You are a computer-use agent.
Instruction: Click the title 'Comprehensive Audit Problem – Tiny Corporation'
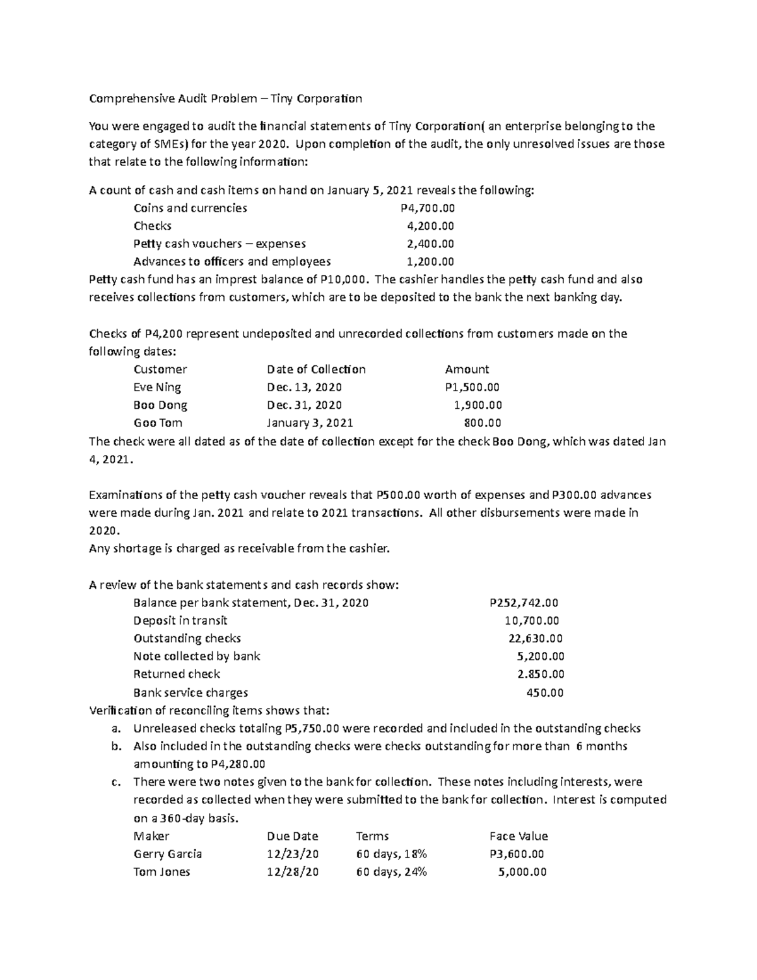click(x=225, y=98)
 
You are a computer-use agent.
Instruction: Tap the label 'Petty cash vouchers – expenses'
click(x=220, y=244)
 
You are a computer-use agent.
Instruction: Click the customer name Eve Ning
click(x=157, y=387)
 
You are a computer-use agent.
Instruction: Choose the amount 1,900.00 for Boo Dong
click(x=478, y=405)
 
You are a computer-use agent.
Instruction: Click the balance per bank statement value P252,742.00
click(x=524, y=603)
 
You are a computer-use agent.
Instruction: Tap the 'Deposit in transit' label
click(x=180, y=620)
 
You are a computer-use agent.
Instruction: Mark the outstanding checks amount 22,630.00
click(x=536, y=638)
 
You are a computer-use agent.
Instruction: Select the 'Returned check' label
click(x=177, y=674)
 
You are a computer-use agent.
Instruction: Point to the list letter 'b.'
click(x=115, y=746)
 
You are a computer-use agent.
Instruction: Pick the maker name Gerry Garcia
click(x=168, y=854)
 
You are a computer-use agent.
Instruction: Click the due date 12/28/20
click(x=293, y=871)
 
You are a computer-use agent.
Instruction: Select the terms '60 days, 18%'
click(x=391, y=854)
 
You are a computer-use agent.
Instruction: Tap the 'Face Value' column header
click(x=518, y=836)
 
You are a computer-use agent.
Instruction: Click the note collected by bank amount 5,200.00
click(x=540, y=656)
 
